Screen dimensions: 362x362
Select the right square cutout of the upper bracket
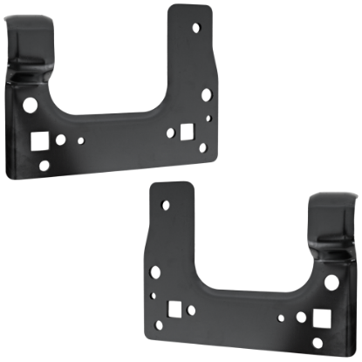187,132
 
